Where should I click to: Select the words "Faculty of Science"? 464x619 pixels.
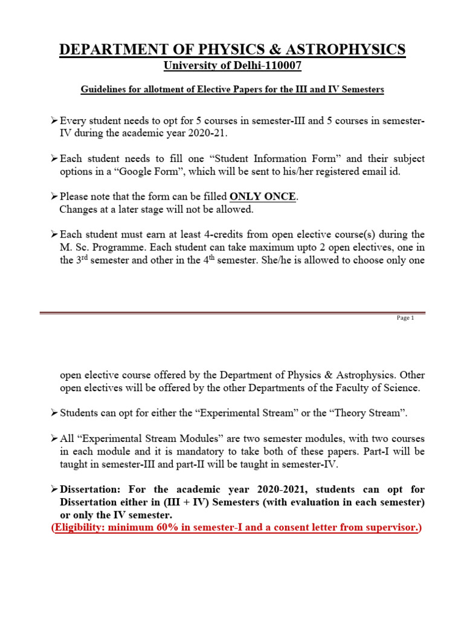click(x=373, y=387)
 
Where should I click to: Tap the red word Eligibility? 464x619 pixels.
click(x=79, y=527)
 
